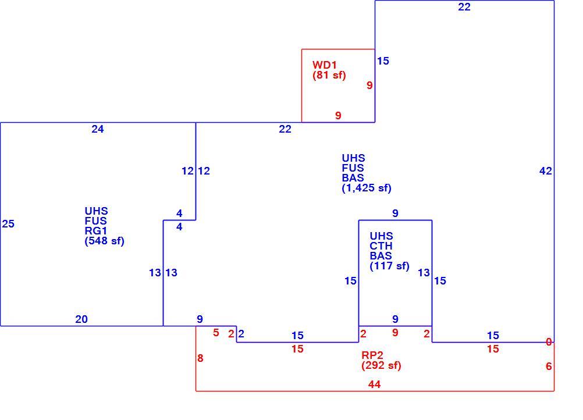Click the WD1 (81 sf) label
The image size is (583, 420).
click(329, 70)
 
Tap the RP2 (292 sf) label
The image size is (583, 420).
click(381, 360)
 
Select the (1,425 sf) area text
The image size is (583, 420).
click(367, 188)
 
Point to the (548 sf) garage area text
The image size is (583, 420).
click(105, 241)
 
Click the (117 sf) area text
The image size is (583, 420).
click(389, 266)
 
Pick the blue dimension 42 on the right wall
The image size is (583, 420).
click(545, 171)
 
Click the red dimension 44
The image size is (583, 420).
click(374, 385)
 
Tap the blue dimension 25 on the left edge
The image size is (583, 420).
click(8, 224)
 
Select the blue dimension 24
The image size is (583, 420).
click(97, 129)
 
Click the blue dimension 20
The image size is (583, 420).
click(81, 319)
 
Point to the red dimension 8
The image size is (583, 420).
click(200, 358)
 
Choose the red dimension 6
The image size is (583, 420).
click(549, 366)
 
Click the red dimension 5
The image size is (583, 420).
click(216, 332)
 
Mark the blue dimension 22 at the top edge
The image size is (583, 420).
click(464, 7)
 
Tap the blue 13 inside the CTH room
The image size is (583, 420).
click(424, 273)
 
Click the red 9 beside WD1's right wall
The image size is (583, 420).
click(369, 85)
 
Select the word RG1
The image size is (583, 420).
click(96, 231)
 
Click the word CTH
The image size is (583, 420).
click(381, 246)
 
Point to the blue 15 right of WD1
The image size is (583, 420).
click(383, 61)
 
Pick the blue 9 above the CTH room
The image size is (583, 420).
click(395, 213)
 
